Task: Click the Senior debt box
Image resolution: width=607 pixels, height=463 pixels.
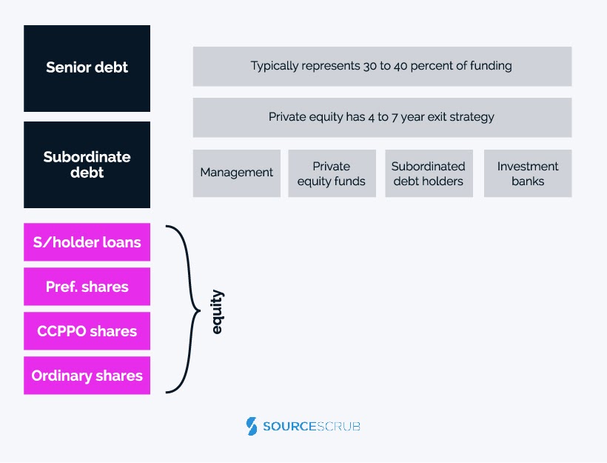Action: (87, 69)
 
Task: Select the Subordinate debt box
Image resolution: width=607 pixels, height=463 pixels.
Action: (87, 164)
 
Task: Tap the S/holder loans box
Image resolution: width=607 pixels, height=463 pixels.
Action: (87, 242)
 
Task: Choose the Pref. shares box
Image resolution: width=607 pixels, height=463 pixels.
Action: (87, 287)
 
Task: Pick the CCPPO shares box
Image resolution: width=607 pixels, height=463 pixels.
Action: (87, 331)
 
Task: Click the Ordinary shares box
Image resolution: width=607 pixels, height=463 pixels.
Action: (87, 376)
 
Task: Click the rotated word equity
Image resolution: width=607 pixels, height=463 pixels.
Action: (217, 312)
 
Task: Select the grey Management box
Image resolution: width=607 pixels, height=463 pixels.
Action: (237, 173)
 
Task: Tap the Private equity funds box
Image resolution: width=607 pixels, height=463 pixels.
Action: (332, 173)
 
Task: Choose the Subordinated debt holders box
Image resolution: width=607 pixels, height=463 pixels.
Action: (429, 173)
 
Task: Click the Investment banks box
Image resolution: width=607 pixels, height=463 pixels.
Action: (528, 173)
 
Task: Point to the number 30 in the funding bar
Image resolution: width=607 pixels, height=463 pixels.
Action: (369, 66)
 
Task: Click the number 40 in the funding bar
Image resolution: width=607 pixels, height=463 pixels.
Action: (400, 66)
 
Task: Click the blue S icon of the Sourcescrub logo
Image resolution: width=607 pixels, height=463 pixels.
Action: (252, 426)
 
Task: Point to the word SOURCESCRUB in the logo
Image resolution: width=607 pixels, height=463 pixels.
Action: (312, 427)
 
